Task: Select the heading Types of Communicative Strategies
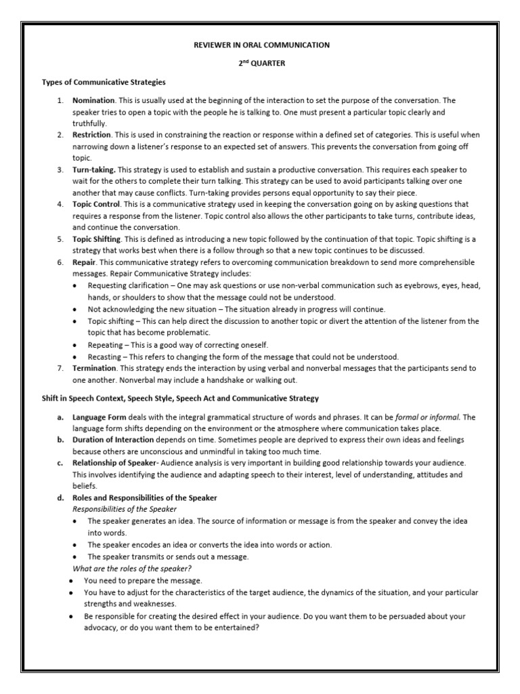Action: (x=104, y=82)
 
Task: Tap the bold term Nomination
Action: (x=93, y=100)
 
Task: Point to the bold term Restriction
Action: (x=91, y=135)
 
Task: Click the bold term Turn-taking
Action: (x=94, y=169)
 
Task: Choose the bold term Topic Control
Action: (x=96, y=204)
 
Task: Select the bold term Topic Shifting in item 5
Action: (x=97, y=239)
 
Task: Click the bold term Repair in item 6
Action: (x=84, y=262)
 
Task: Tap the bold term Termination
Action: (x=94, y=367)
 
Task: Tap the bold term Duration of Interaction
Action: (x=114, y=440)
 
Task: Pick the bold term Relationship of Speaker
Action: (x=114, y=463)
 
